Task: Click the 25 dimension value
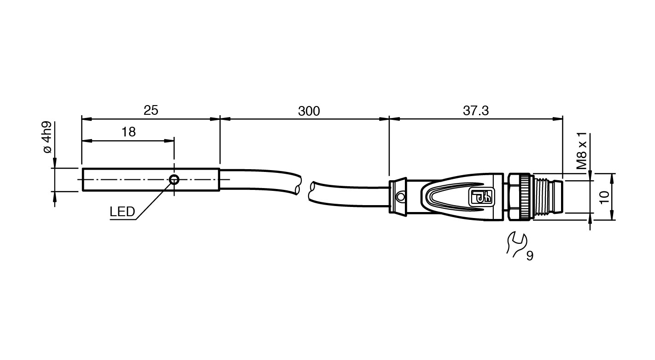coord(151,110)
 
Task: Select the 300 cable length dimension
coord(309,111)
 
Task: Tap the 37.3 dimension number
coord(476,111)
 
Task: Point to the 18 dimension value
coord(129,132)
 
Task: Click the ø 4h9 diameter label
coord(47,137)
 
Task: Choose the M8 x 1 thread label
coord(582,150)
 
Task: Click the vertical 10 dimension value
coord(604,197)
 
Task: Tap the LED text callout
coord(122,212)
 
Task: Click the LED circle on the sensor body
coord(174,179)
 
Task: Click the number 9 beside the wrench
coord(530,256)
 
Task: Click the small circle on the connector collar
coord(400,197)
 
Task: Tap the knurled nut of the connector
coord(519,197)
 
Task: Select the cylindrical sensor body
coord(151,180)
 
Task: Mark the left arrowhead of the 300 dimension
coord(225,119)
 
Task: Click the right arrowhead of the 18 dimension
coord(170,141)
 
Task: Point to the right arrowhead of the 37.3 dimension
coord(557,119)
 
